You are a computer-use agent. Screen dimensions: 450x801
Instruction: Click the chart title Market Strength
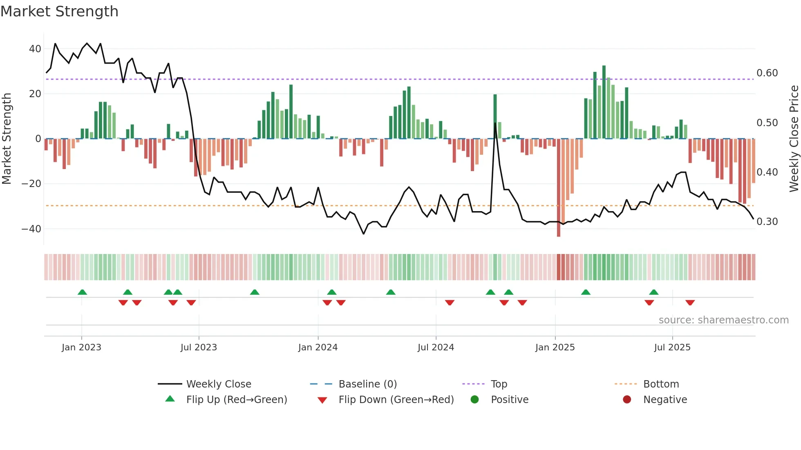[x=59, y=11]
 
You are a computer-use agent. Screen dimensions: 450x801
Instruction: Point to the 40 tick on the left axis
[x=35, y=49]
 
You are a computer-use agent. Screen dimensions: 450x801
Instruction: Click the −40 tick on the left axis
[x=31, y=229]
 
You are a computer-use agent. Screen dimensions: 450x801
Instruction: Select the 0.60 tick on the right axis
[x=767, y=73]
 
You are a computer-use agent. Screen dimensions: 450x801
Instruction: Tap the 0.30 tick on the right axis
[x=767, y=222]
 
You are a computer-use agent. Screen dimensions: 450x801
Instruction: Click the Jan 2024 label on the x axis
[x=318, y=348]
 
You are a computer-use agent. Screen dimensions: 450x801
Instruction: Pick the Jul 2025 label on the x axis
[x=672, y=348]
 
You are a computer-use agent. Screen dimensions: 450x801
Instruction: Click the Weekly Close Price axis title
[x=794, y=139]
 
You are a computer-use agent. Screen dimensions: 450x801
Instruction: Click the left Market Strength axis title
[x=7, y=139]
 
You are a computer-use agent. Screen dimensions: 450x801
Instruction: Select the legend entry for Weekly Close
[x=219, y=384]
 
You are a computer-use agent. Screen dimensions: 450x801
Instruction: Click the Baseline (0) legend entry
[x=367, y=384]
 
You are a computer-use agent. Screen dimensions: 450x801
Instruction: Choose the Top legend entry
[x=499, y=384]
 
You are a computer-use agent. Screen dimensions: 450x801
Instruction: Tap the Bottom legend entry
[x=661, y=384]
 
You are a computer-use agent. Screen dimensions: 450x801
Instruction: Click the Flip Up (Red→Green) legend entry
[x=237, y=400]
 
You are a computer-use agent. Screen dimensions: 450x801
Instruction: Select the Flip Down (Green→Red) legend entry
[x=396, y=400]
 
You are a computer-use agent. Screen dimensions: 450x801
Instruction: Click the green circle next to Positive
[x=474, y=400]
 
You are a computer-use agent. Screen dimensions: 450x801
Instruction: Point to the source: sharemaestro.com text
[x=723, y=320]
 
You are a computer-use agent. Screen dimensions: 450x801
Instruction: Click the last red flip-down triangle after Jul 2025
[x=690, y=303]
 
